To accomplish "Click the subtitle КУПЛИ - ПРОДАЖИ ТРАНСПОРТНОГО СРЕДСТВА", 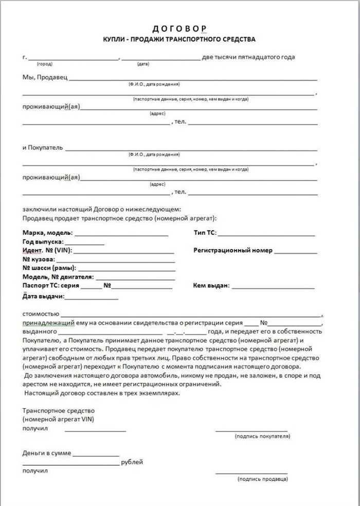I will tap(180, 39).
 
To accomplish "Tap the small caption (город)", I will tap(44, 65).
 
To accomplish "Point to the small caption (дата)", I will tap(143, 65).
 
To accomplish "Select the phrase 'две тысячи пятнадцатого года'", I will tap(249, 57).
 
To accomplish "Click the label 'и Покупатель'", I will tap(43, 148).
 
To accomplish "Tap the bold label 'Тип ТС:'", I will tap(205, 233).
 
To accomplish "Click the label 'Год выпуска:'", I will tap(43, 241).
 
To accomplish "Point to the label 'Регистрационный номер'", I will tap(232, 251).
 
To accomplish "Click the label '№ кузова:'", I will tap(39, 259).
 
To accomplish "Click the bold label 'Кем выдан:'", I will tap(211, 285).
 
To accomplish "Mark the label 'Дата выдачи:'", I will tap(43, 296).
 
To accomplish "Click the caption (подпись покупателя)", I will tap(262, 436).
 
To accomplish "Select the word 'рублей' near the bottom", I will tap(132, 462).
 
